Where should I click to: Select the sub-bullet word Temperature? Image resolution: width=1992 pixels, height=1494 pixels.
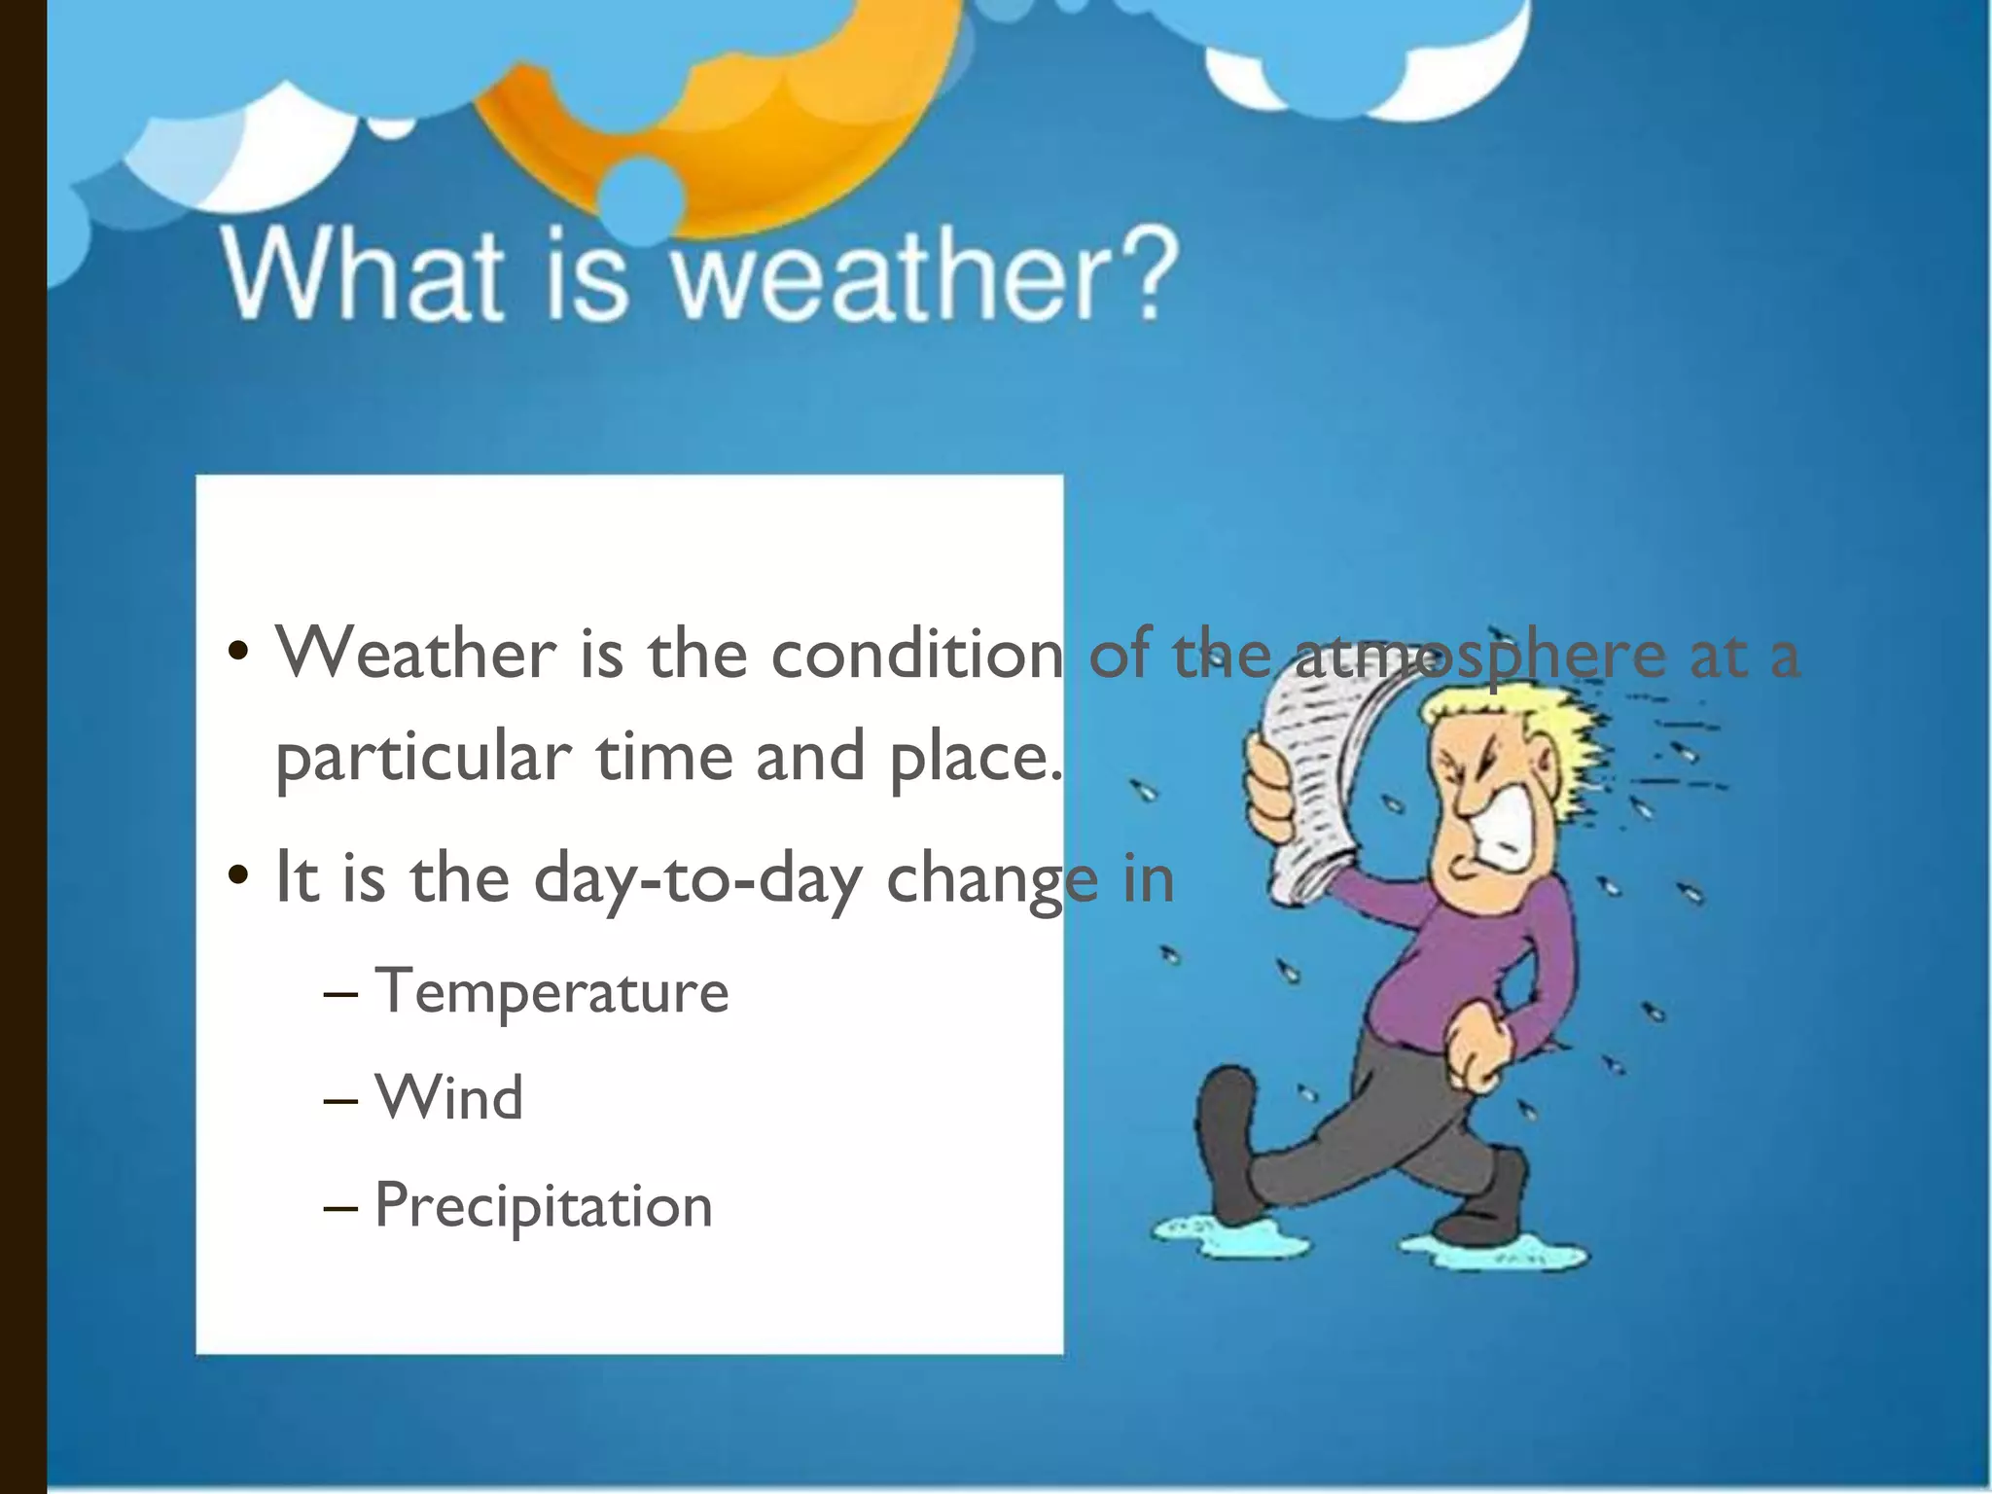[551, 992]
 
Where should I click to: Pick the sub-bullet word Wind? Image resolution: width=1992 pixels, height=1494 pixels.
[449, 1099]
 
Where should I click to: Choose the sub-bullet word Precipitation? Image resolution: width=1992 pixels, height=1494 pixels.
[544, 1206]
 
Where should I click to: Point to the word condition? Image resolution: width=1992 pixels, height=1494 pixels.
[916, 654]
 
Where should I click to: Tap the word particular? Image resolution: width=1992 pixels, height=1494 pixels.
[423, 759]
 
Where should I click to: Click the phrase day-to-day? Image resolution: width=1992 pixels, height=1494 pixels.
[697, 878]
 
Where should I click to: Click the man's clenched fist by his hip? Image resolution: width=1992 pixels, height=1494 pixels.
[1478, 1055]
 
